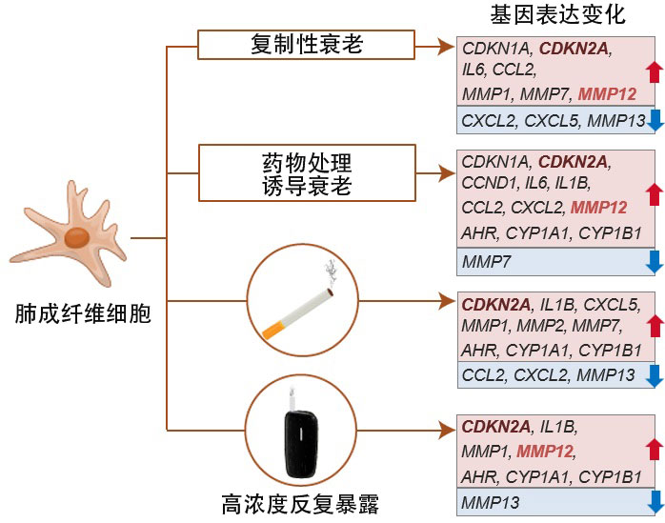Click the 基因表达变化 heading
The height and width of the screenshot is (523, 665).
[x=557, y=15]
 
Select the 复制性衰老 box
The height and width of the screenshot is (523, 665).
[x=307, y=45]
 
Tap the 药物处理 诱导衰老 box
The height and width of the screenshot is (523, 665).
[x=307, y=172]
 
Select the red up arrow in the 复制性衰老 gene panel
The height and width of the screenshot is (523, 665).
[x=654, y=70]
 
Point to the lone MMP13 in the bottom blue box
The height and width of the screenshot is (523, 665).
[x=487, y=501]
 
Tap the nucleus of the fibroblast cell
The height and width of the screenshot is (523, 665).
[x=77, y=235]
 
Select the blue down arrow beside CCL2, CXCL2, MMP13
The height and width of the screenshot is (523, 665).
[x=654, y=375]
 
